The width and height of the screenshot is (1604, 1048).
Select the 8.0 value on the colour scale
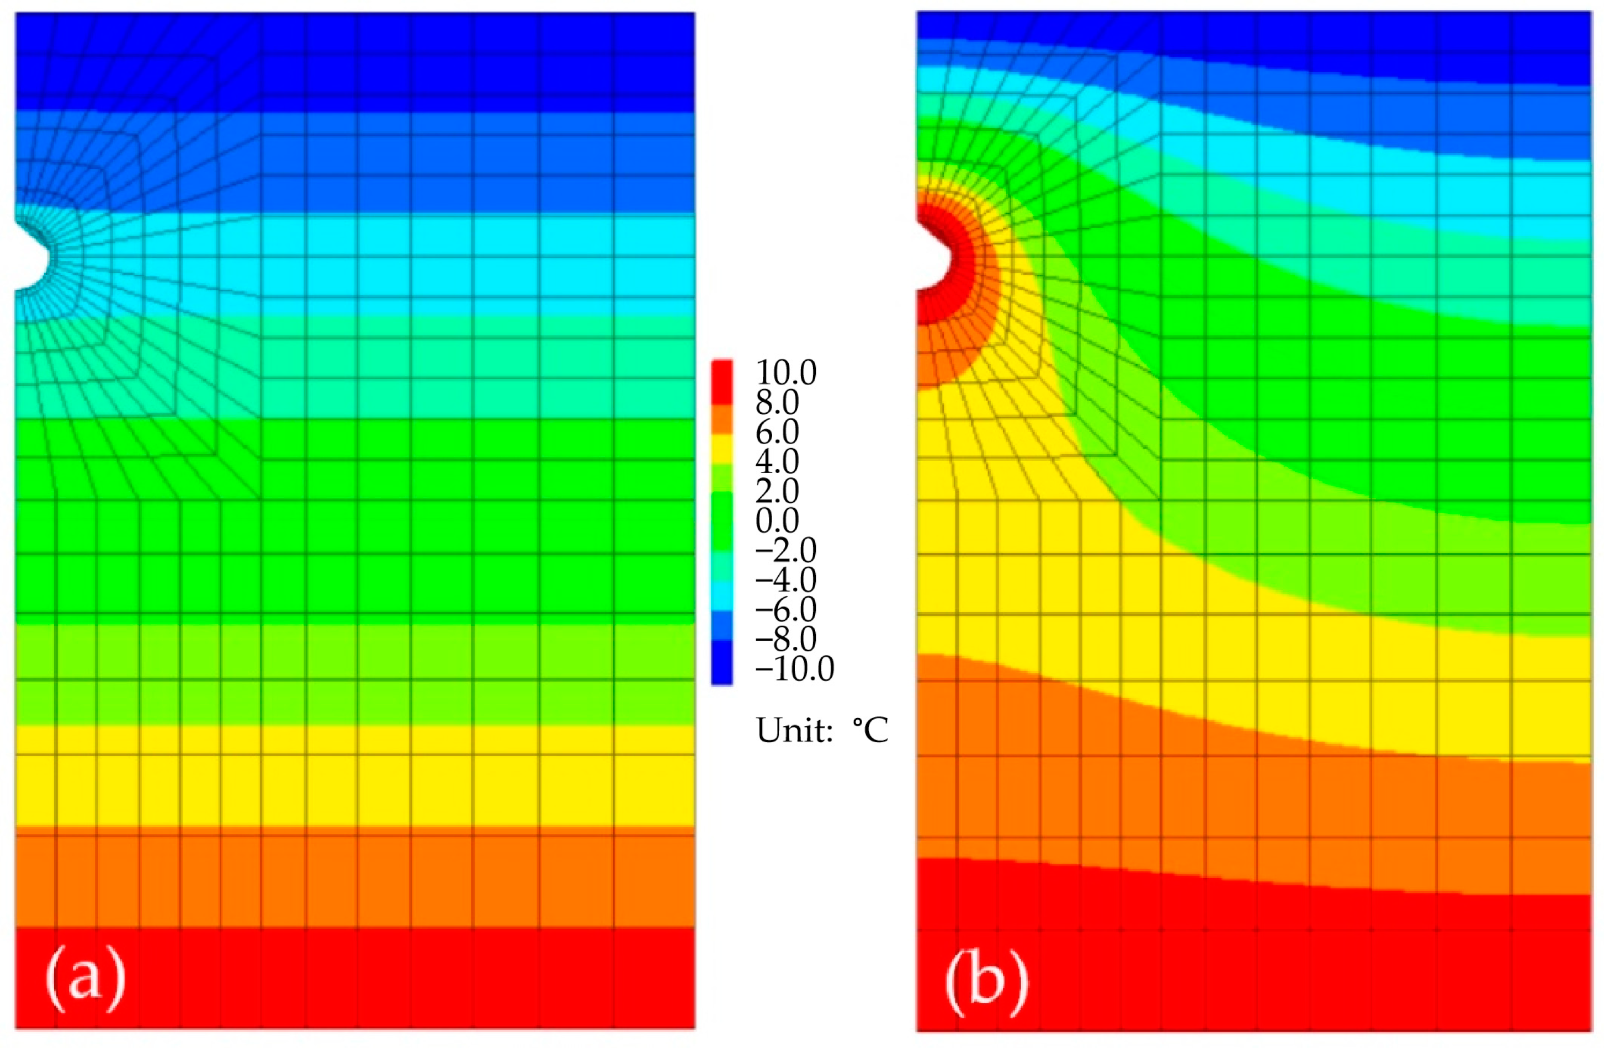(777, 402)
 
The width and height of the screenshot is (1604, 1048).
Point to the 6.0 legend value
(777, 432)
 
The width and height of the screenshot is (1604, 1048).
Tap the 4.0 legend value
(777, 462)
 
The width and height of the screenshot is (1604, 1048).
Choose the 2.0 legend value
(777, 491)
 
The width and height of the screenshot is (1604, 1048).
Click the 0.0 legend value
(777, 521)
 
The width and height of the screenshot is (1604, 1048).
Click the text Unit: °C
(821, 731)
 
